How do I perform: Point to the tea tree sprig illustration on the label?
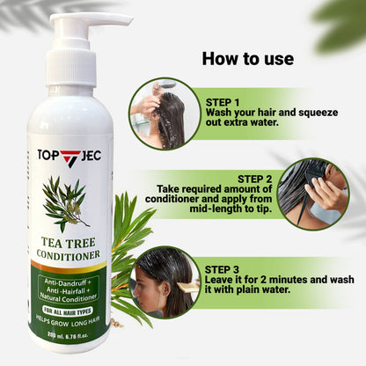[67, 201]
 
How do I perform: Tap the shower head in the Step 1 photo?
[164, 84]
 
